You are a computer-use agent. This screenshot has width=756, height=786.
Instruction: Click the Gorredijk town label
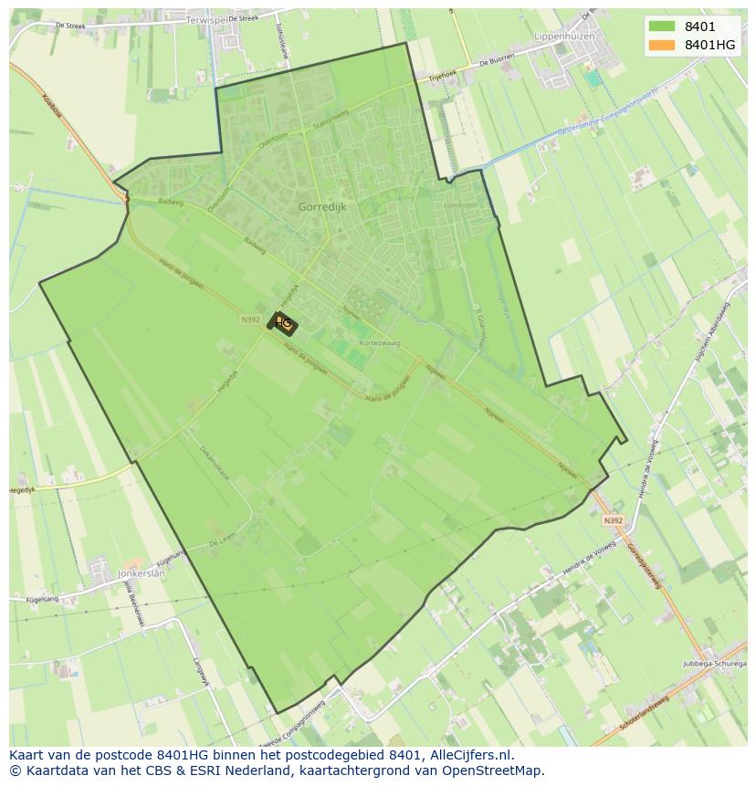(x=322, y=207)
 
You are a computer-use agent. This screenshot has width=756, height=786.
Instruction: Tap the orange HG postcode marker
(x=283, y=323)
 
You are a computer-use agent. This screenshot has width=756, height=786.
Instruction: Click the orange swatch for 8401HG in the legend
(x=662, y=45)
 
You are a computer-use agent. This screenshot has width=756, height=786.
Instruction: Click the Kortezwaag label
(x=380, y=342)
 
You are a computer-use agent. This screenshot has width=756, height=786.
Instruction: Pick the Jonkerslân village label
(x=141, y=573)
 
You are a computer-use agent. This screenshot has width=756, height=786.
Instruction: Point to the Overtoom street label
(x=272, y=139)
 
